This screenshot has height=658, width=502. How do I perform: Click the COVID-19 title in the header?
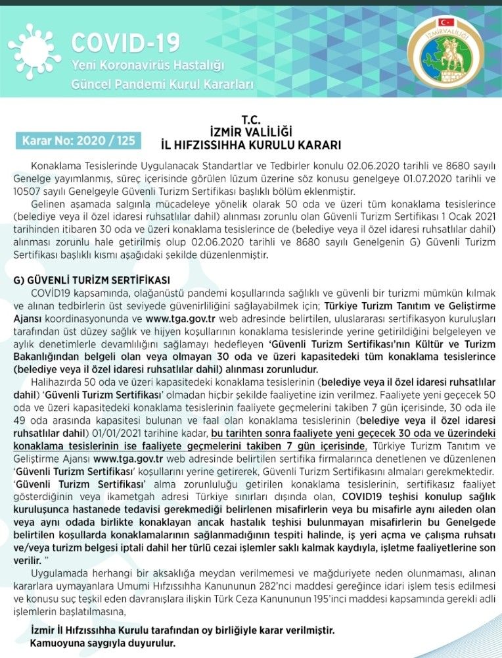[x=125, y=43]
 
